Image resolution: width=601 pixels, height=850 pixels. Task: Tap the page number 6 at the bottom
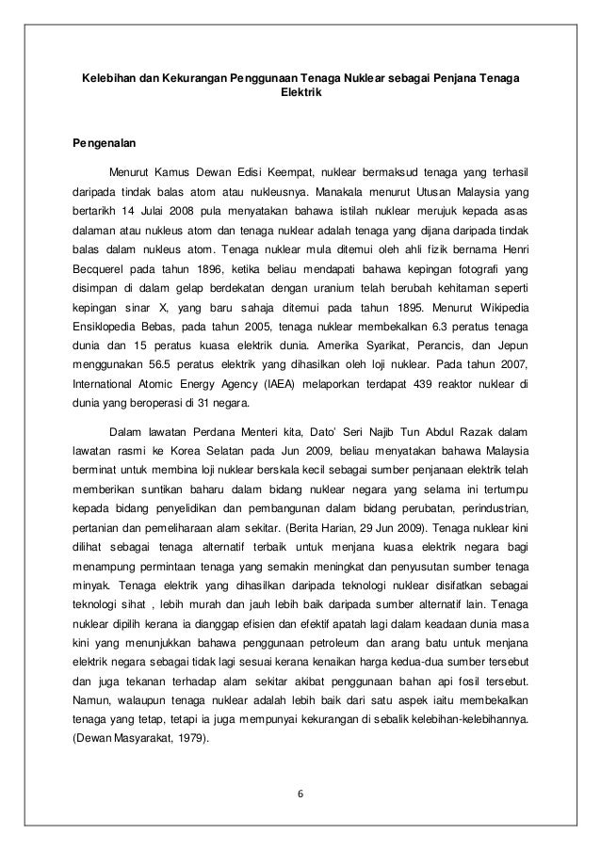pos(300,792)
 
